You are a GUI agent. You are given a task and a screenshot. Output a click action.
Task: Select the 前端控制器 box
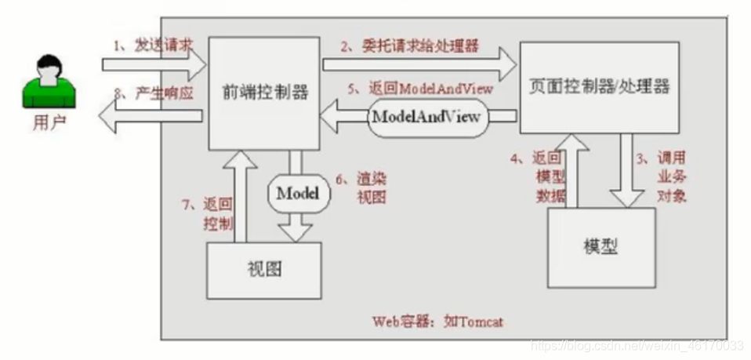(x=264, y=93)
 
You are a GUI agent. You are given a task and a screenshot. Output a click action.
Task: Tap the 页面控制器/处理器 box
(x=600, y=86)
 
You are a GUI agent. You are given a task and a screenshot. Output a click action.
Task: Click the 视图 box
(x=263, y=270)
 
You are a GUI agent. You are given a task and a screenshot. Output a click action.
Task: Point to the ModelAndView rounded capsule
(x=427, y=118)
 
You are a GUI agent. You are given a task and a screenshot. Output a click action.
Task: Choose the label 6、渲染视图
(x=357, y=187)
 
